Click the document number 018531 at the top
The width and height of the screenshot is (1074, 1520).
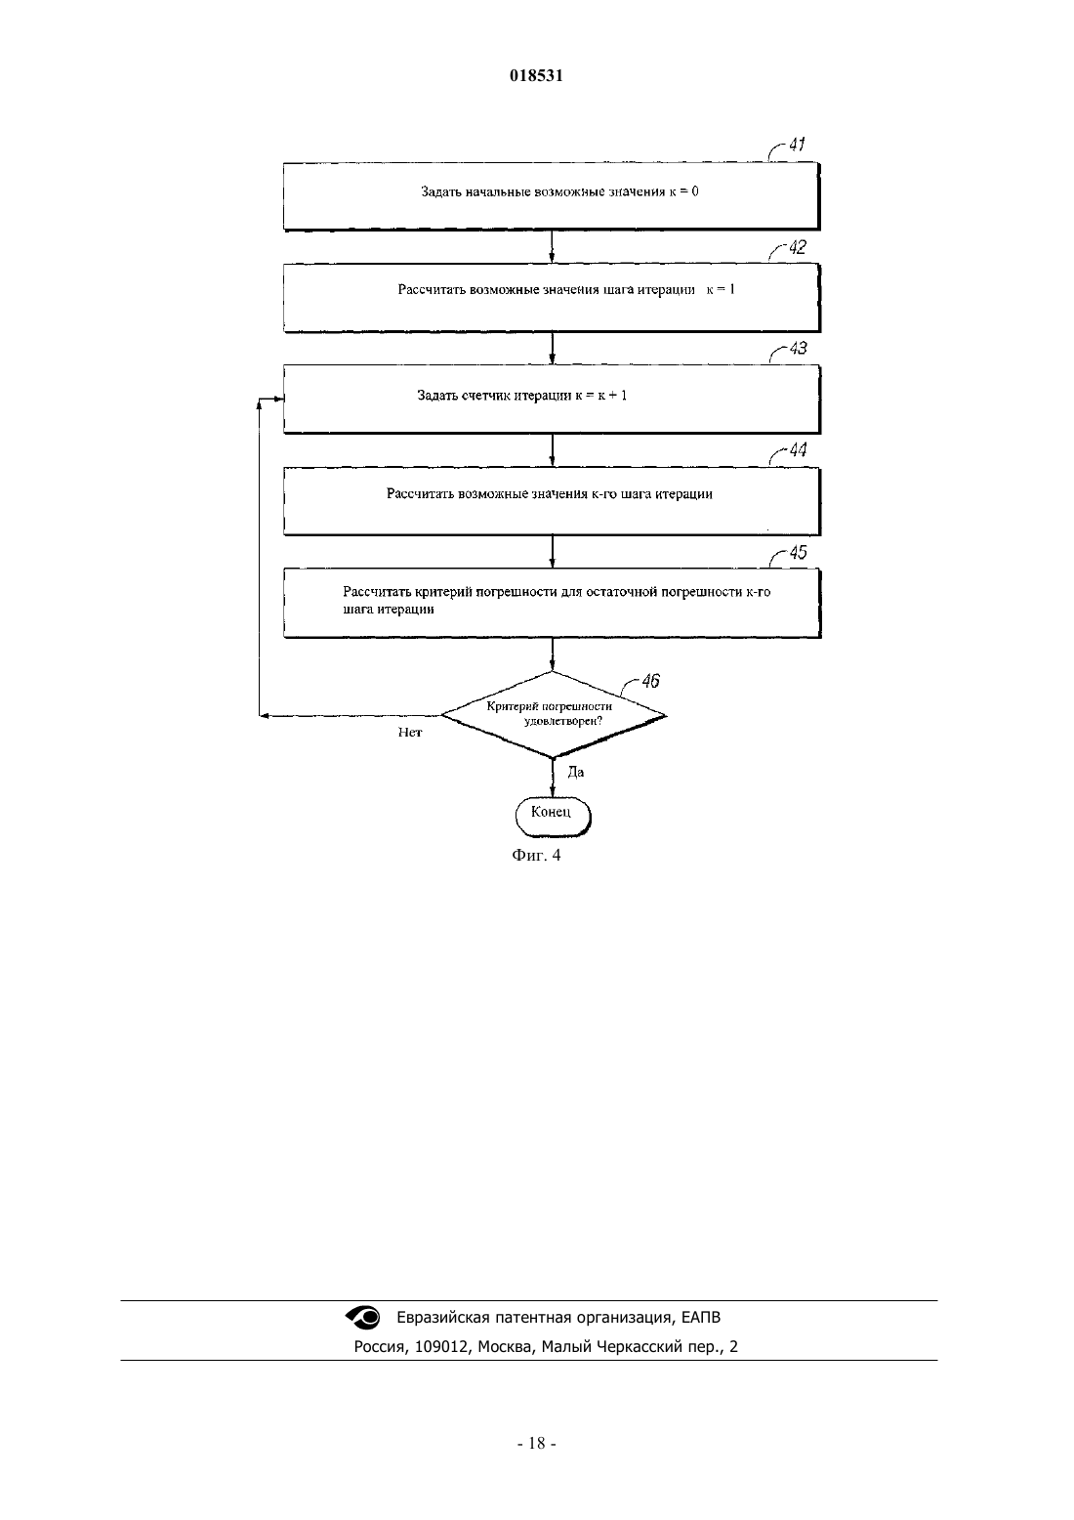coord(536,75)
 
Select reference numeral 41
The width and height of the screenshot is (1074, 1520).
coord(797,145)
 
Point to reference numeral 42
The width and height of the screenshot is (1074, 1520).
coord(798,247)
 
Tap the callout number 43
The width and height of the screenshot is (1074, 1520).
coord(798,348)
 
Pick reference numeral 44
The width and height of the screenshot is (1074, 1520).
coord(798,450)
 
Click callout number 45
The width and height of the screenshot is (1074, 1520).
coord(798,552)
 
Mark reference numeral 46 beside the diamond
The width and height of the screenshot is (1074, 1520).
coord(650,681)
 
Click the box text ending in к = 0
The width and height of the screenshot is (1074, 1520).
coord(559,192)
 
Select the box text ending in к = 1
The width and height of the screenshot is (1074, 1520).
coord(566,290)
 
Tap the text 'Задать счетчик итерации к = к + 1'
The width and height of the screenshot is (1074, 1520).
coord(521,396)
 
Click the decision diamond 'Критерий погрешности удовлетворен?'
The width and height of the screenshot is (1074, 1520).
coord(554,714)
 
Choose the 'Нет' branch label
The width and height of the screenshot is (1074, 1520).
coord(409,733)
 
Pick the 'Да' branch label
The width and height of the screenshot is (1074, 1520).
coord(575,773)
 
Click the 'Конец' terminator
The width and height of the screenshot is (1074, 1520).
coord(553,817)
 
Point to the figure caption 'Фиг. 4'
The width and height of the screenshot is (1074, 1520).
coord(536,855)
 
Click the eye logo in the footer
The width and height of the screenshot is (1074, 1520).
coord(363,1317)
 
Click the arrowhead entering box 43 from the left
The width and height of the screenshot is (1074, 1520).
coord(279,399)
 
